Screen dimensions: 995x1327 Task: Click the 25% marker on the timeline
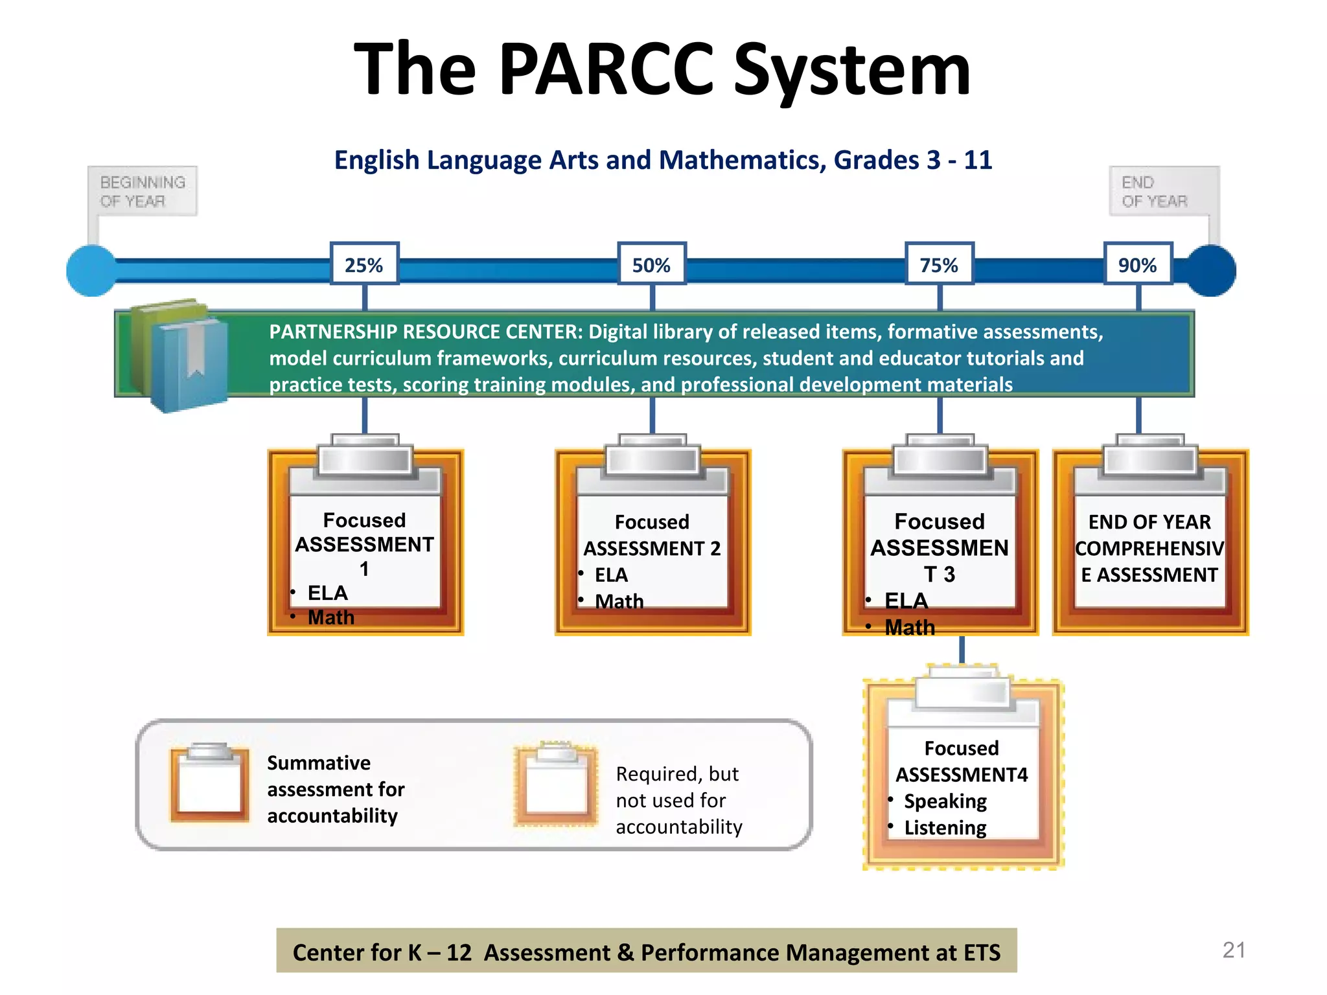364,264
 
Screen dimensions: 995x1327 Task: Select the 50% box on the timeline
652,264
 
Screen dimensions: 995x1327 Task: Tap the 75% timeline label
939,264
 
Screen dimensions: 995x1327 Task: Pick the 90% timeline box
1138,264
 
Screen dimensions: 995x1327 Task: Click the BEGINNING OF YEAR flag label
143,191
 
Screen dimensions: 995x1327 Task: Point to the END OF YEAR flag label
1155,191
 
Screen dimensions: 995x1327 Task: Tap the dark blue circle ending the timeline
1210,271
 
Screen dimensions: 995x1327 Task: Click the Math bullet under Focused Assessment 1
330,617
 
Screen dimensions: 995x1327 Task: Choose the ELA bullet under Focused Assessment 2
611,575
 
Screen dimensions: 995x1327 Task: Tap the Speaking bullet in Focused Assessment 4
945,801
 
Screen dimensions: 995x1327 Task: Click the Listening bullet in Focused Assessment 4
945,828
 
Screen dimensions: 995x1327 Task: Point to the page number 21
1234,950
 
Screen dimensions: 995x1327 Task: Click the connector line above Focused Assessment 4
962,650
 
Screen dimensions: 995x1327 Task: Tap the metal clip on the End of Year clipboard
1150,459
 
